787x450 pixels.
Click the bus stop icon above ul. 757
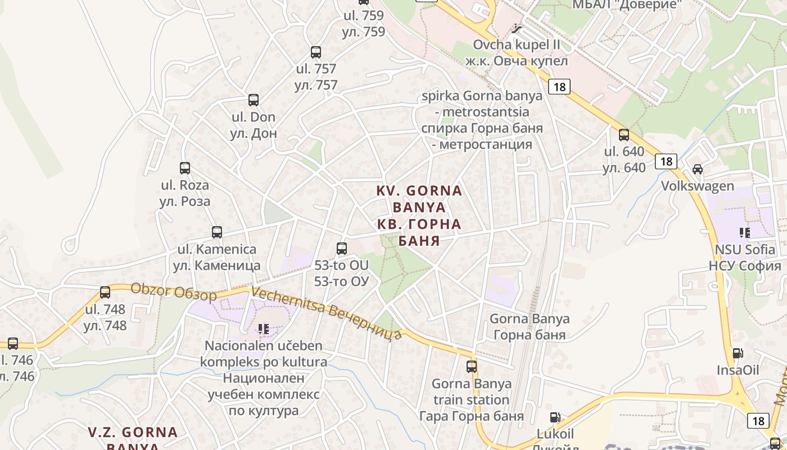316,52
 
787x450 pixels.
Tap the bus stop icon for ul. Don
254,100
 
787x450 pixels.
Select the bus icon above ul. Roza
184,168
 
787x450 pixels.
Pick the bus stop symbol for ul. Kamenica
216,232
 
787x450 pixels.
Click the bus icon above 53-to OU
341,248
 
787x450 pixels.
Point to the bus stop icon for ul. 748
105,292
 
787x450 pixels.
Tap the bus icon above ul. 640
624,134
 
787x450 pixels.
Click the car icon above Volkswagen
697,169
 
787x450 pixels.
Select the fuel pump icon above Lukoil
555,417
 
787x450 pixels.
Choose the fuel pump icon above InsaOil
738,353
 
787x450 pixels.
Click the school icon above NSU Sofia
745,232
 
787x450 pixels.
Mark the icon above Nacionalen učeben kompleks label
263,328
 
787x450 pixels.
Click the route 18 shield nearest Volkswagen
666,161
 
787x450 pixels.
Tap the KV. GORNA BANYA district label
419,215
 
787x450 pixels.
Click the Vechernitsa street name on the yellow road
327,312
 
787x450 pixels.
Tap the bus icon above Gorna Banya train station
472,367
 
